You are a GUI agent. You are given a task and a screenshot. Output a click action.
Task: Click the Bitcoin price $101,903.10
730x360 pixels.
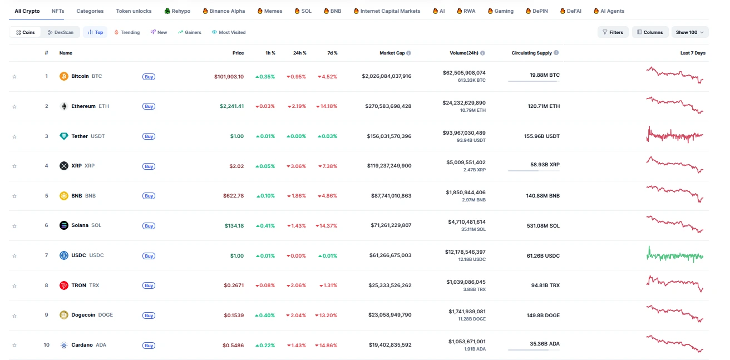click(x=229, y=76)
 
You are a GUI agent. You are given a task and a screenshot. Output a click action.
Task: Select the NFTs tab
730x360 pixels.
click(x=57, y=11)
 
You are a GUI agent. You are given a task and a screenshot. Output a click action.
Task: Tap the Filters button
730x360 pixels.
click(x=613, y=32)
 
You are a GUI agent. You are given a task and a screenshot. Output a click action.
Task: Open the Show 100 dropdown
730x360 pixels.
click(x=689, y=32)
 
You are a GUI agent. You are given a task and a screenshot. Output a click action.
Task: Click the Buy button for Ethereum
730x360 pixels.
click(x=149, y=106)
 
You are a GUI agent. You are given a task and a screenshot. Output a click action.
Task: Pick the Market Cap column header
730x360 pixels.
click(x=392, y=53)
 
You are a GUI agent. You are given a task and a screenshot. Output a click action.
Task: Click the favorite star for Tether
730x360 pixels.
click(x=14, y=136)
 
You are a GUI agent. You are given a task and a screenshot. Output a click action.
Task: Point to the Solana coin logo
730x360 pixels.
click(x=64, y=225)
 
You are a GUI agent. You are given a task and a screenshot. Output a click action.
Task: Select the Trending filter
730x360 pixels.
click(x=127, y=32)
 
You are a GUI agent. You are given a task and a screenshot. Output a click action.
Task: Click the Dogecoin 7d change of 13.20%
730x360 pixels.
click(x=326, y=315)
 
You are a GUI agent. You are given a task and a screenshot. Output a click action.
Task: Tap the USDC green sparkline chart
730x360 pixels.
click(x=675, y=255)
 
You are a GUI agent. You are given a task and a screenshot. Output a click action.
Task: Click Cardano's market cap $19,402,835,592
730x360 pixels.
click(x=390, y=345)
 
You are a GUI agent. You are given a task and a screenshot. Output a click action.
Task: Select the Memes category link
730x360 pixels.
click(x=270, y=11)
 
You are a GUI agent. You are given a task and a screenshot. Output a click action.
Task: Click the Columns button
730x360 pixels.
click(x=650, y=32)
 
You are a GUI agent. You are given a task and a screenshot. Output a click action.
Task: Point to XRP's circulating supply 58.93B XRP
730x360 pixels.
click(x=545, y=166)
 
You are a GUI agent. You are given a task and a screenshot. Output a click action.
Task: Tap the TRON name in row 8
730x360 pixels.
click(x=78, y=285)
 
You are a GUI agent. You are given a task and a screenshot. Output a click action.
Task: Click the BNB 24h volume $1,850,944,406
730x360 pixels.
click(x=465, y=193)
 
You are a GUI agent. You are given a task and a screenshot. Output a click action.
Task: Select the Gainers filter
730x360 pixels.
click(x=190, y=32)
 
